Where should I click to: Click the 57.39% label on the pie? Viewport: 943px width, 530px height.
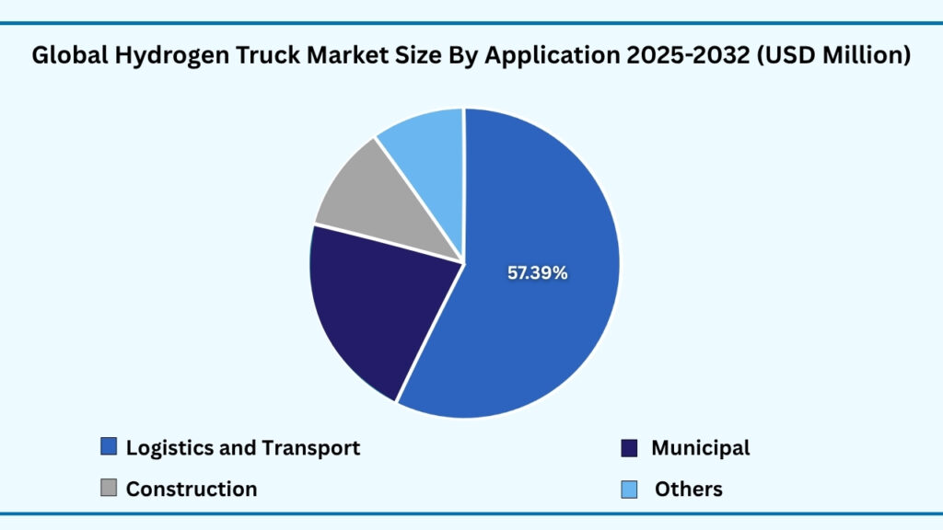(x=538, y=272)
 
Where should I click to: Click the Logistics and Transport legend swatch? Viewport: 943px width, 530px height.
(x=109, y=447)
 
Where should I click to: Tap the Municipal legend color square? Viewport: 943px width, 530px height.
(x=629, y=448)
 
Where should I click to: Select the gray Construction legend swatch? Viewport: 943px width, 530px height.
(x=109, y=489)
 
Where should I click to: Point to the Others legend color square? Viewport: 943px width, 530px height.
(x=629, y=489)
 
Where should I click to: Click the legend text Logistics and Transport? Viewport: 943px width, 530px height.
(x=243, y=448)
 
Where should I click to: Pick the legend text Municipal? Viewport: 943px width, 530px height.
(x=701, y=448)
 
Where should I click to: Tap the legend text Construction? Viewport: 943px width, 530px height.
(x=192, y=490)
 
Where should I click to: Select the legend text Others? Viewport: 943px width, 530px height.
(x=689, y=490)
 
